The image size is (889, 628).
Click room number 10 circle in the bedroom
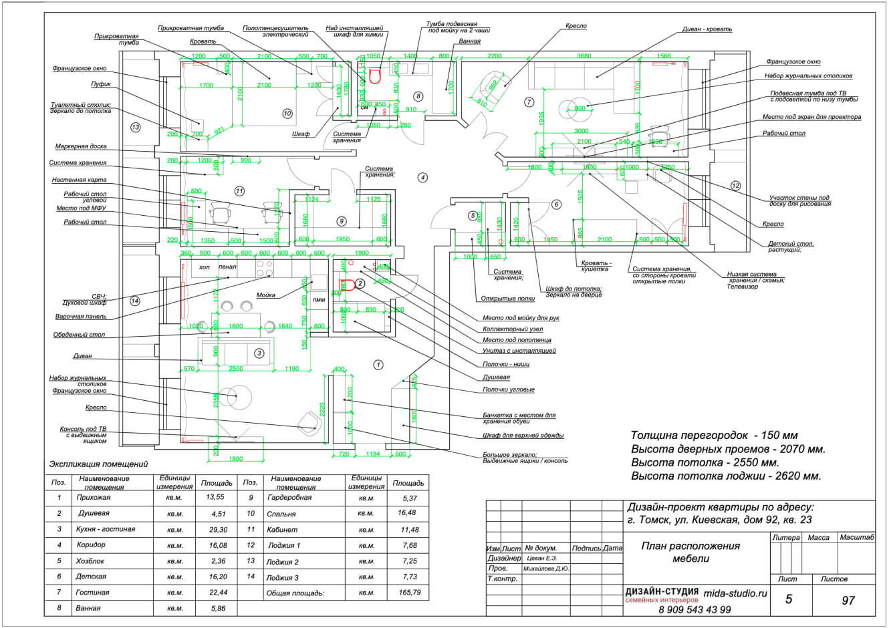coord(287,114)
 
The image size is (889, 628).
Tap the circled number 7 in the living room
coord(529,102)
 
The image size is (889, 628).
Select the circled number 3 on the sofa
coord(259,353)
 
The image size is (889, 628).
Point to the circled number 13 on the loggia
coord(136,127)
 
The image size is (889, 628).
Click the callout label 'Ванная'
coord(470,41)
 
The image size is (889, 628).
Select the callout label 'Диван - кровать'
coord(707,29)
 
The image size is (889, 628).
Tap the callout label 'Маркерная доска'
coord(81,146)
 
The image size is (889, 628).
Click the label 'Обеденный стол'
coord(79,335)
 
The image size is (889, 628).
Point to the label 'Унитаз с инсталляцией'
coord(519,351)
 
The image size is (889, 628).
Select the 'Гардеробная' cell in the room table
coord(289,498)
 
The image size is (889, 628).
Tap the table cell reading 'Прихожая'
coord(93,498)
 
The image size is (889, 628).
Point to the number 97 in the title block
coord(848,600)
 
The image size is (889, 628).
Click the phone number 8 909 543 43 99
coord(694,610)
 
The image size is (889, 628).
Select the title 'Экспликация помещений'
coord(98,464)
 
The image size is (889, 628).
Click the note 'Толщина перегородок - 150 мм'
coord(714,435)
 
